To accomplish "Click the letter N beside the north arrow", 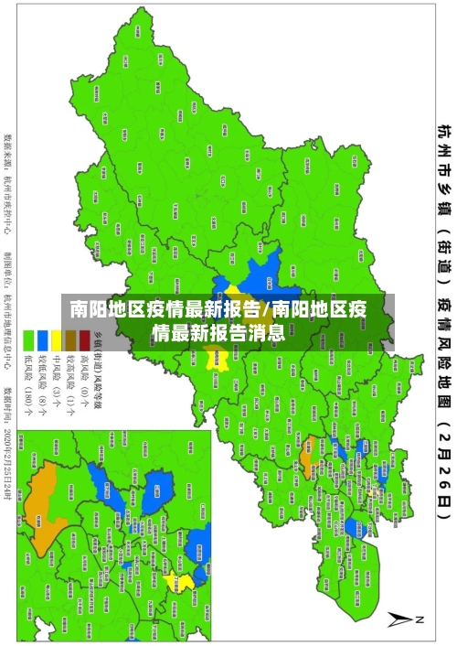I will pyautogui.click(x=421, y=619).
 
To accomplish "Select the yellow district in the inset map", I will pyautogui.click(x=186, y=582).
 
